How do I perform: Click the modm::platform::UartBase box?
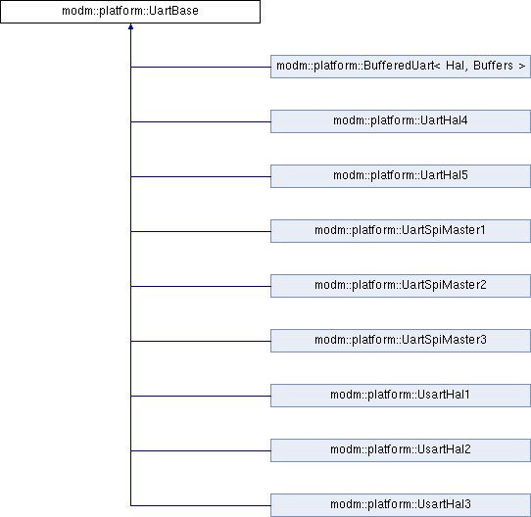pos(130,12)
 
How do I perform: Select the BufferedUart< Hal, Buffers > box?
pos(401,67)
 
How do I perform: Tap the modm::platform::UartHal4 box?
pos(401,121)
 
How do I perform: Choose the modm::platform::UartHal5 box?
pos(401,176)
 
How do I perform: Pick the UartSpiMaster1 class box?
pos(401,231)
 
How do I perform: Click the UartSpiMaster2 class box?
pos(401,286)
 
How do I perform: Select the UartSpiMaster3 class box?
pos(401,341)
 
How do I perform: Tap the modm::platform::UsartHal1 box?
pos(401,396)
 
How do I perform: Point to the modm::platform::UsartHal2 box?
pos(401,450)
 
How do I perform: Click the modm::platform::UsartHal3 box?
pos(401,505)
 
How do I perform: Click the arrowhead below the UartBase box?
pos(130,26)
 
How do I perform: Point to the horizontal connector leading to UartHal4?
pos(201,121)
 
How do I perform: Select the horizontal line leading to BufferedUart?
pos(201,67)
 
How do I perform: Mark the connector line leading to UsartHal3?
pos(201,506)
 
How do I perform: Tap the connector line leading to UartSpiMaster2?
pos(201,287)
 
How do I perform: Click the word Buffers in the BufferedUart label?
pos(493,66)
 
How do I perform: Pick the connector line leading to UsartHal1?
pos(201,397)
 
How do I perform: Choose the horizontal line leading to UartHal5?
pos(201,176)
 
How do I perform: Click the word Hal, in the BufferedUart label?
pos(458,66)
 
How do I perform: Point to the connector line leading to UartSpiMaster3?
pos(201,342)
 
